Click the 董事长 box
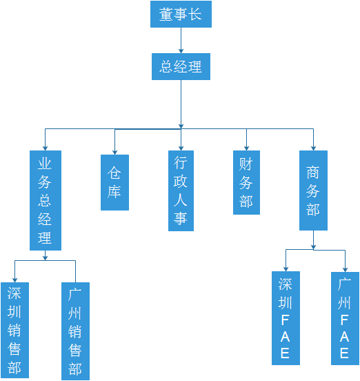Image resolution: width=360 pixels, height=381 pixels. [x=181, y=14]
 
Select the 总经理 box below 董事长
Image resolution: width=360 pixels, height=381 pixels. [x=181, y=66]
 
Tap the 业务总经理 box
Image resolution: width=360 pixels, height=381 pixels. [x=46, y=200]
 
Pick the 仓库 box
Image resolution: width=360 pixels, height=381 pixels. [x=114, y=182]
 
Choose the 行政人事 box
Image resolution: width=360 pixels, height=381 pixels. [x=181, y=190]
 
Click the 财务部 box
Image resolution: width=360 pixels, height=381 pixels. [x=246, y=182]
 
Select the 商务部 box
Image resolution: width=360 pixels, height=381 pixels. [x=313, y=190]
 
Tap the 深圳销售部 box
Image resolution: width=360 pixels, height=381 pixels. [x=14, y=330]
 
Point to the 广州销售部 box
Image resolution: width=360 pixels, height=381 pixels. [x=75, y=331]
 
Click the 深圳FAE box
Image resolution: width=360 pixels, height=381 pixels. [x=286, y=318]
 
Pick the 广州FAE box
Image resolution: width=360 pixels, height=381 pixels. [x=345, y=318]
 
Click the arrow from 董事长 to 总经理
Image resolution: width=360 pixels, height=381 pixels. [x=181, y=40]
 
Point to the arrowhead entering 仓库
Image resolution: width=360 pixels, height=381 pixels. [x=114, y=153]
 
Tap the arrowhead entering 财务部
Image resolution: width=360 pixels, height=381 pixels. [x=246, y=148]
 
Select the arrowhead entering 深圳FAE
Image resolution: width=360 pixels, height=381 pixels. [x=286, y=269]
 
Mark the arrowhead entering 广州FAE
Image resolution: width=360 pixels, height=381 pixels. [x=345, y=270]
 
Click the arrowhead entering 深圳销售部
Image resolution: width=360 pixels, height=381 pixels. [x=14, y=280]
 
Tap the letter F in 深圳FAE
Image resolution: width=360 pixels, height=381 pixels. [x=285, y=320]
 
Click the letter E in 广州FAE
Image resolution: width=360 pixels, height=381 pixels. [x=344, y=353]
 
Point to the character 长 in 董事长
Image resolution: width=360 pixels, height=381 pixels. [x=195, y=14]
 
